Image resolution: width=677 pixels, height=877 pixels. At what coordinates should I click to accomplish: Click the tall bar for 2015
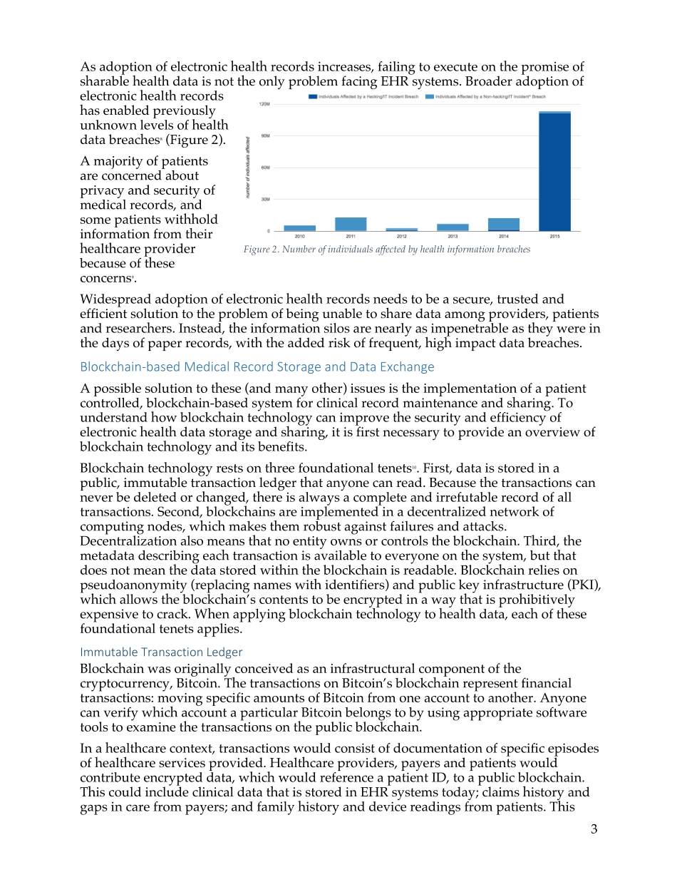pos(554,171)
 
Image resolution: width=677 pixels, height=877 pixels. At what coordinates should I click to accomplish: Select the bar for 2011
pos(351,224)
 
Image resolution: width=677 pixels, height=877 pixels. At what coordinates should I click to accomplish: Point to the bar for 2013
pos(453,227)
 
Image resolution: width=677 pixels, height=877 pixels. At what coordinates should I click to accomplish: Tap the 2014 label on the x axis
pos(504,236)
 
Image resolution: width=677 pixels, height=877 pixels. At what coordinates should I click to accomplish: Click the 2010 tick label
pos(299,236)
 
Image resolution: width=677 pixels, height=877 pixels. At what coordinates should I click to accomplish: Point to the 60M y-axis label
pos(264,168)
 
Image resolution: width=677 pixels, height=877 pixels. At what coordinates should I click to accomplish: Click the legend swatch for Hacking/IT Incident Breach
pos(312,96)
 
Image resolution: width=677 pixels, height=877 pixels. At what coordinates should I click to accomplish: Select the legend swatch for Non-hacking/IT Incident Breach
pos(430,96)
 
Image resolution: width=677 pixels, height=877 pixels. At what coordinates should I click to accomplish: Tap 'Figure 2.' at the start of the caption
pos(262,250)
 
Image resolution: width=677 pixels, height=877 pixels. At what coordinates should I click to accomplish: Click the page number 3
pos(594,829)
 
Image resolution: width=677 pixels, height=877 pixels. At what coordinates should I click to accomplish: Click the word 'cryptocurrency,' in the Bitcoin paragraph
pos(123,683)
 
